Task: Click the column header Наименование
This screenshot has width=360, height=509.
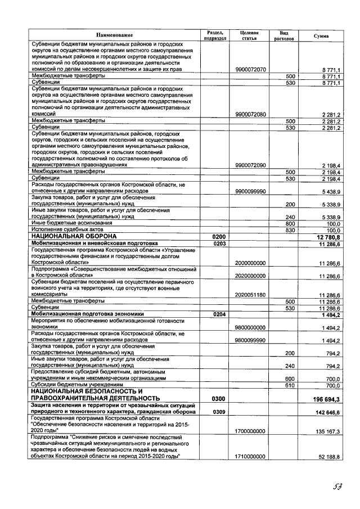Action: tap(114, 35)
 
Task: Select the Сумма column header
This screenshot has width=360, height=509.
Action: tap(321, 35)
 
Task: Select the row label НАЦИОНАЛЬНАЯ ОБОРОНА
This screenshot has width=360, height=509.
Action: tap(73, 237)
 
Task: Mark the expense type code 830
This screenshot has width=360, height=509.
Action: tap(290, 230)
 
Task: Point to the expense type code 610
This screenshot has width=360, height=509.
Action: tap(290, 385)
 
